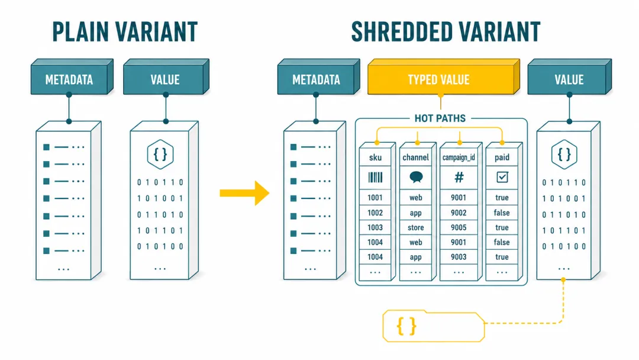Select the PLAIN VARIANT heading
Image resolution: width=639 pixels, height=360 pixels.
click(125, 32)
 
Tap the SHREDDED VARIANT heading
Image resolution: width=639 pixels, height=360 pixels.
click(446, 32)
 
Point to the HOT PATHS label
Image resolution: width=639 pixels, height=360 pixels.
click(440, 118)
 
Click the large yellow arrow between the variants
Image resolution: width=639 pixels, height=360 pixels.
click(244, 193)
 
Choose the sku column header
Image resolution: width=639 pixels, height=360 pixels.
click(375, 157)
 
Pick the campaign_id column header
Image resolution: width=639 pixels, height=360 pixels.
click(459, 157)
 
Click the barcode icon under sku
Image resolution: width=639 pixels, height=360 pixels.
click(375, 178)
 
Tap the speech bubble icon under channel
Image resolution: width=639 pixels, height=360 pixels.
click(416, 177)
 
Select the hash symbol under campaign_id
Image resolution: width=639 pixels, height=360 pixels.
click(459, 178)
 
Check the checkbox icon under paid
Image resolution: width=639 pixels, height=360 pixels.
click(502, 177)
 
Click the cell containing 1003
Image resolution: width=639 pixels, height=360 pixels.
click(375, 227)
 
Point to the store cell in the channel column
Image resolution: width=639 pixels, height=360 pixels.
click(416, 227)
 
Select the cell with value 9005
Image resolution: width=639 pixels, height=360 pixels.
click(459, 227)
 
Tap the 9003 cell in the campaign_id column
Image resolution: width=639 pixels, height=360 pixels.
click(459, 257)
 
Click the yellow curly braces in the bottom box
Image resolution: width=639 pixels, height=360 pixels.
click(406, 326)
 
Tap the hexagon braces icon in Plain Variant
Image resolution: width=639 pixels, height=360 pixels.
click(160, 155)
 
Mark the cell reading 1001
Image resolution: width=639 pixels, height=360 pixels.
click(375, 198)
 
